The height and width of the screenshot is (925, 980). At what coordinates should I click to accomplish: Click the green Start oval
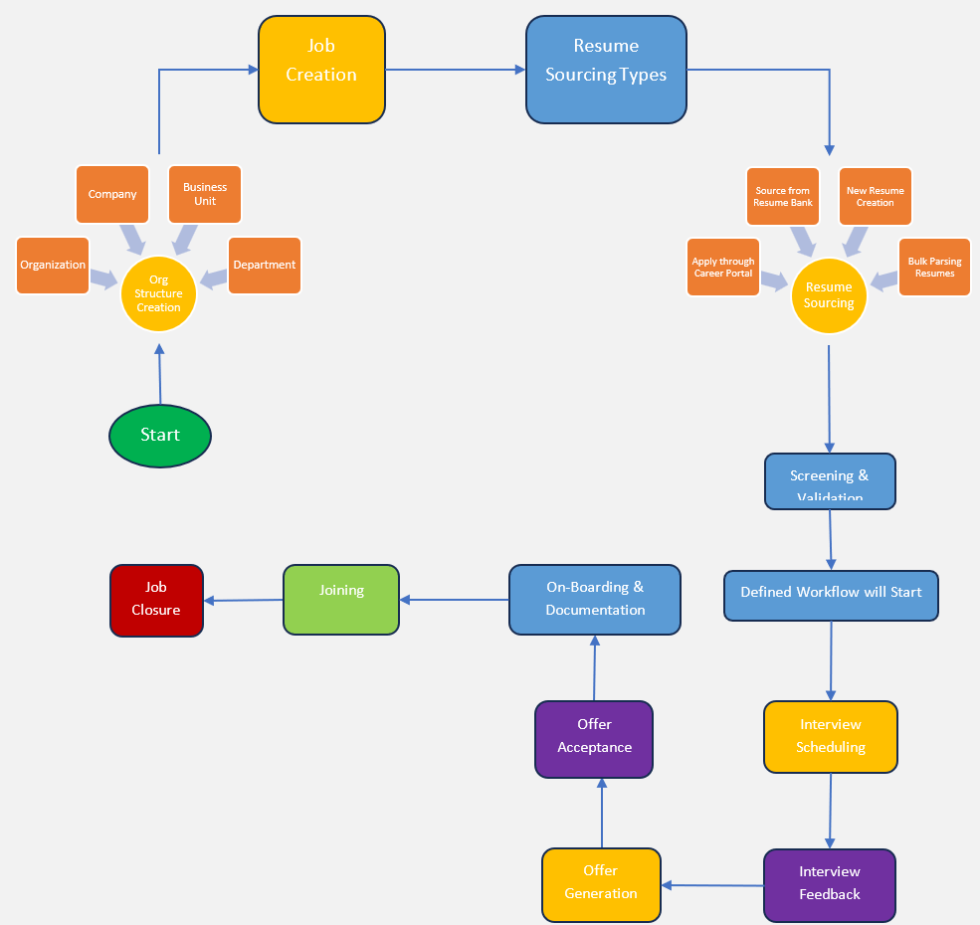pyautogui.click(x=159, y=435)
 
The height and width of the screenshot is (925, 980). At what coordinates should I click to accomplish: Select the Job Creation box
pyautogui.click(x=321, y=70)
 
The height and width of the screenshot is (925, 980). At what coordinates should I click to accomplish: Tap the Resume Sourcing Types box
pyautogui.click(x=606, y=70)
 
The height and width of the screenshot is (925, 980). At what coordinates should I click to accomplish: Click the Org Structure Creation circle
pyautogui.click(x=158, y=293)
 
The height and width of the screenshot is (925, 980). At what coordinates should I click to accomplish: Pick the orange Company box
pyautogui.click(x=112, y=194)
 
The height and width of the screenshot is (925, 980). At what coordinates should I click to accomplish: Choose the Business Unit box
pyautogui.click(x=205, y=194)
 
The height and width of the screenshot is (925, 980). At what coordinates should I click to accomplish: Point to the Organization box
pyautogui.click(x=53, y=266)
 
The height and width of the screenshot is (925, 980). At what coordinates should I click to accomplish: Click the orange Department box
pyautogui.click(x=264, y=266)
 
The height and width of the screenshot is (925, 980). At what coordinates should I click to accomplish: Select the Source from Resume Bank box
pyautogui.click(x=782, y=196)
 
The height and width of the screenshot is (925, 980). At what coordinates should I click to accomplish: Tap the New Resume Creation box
pyautogui.click(x=875, y=196)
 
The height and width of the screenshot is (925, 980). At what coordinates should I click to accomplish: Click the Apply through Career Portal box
pyautogui.click(x=723, y=268)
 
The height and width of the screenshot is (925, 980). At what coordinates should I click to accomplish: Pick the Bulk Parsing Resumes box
pyautogui.click(x=934, y=268)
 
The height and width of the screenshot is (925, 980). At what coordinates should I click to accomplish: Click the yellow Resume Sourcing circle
pyautogui.click(x=829, y=295)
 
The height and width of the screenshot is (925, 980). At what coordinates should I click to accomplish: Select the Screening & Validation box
pyautogui.click(x=830, y=481)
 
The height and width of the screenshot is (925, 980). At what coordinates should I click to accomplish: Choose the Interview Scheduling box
pyautogui.click(x=831, y=737)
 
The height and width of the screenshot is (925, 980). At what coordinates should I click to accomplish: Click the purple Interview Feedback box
pyautogui.click(x=830, y=884)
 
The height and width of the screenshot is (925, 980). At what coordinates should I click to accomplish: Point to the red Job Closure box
pyautogui.click(x=156, y=601)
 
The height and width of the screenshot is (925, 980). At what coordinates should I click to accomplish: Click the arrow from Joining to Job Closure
pyautogui.click(x=244, y=600)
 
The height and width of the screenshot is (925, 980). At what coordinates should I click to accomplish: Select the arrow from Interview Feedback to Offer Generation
pyautogui.click(x=713, y=885)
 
